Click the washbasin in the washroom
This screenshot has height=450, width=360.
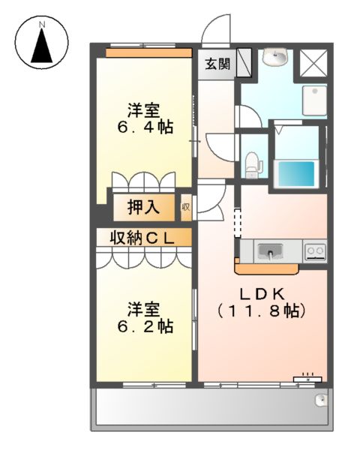[277, 57]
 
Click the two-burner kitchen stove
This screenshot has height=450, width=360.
[314, 250]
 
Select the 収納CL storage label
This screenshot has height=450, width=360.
[142, 238]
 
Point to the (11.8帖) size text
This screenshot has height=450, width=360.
[262, 310]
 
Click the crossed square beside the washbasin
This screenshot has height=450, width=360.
[313, 63]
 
